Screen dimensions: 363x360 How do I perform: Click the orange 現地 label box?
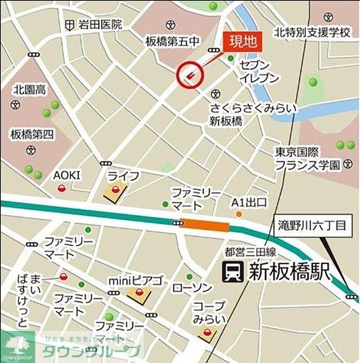pos(242,41)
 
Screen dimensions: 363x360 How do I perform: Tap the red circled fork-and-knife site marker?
pos(188,73)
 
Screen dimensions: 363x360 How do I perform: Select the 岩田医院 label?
pos(100,24)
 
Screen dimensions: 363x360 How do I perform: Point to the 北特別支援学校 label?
pos(314,33)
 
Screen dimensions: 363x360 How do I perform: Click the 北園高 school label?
pos(30,90)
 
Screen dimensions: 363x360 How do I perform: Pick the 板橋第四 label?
pos(32,134)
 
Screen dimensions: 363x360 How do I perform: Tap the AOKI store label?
pos(67,175)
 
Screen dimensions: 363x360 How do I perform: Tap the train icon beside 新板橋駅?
pos(232,271)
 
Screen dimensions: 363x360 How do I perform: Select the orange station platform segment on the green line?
pos(206,226)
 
